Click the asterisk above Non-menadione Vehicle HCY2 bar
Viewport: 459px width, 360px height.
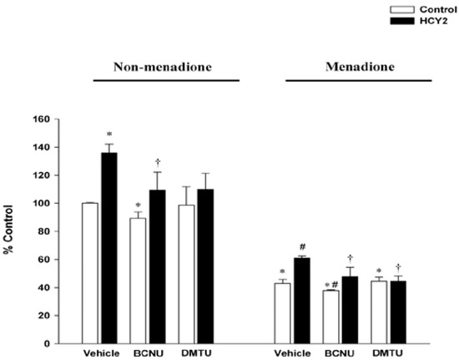(109, 134)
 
